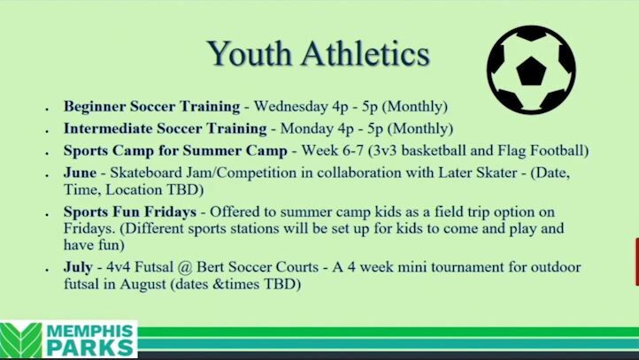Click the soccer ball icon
(531, 70)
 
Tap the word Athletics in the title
(366, 54)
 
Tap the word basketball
(426, 149)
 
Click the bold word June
(80, 172)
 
